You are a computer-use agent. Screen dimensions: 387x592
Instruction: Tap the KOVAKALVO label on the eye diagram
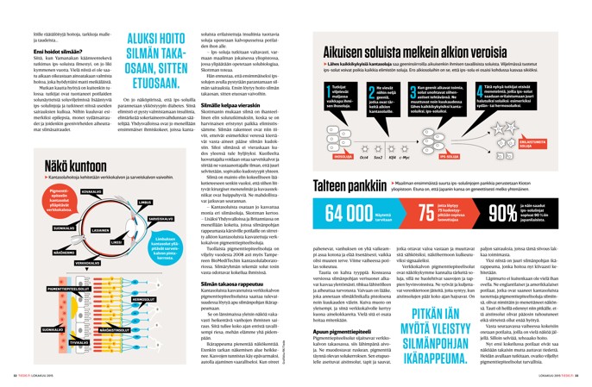[x=91, y=190]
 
